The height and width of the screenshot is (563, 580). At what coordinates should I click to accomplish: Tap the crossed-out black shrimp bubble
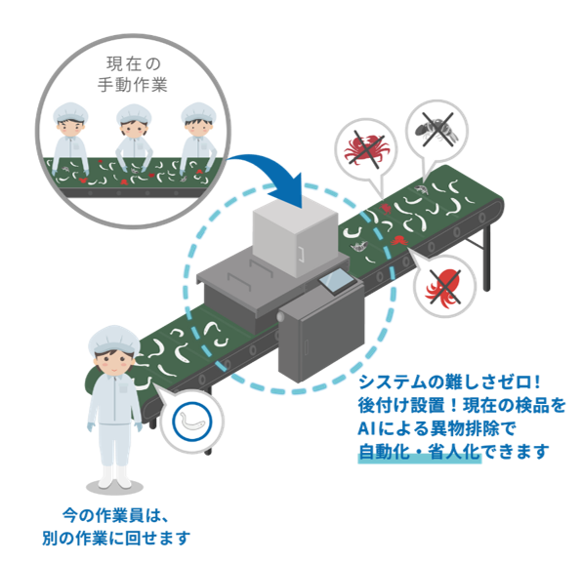436,129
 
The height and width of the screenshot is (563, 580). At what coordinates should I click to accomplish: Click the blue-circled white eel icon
192,422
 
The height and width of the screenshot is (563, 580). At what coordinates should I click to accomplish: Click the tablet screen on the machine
336,280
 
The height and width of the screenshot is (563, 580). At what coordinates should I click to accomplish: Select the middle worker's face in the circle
134,128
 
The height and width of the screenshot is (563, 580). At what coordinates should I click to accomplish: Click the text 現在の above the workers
134,64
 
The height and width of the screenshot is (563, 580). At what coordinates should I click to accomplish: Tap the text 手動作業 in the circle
133,85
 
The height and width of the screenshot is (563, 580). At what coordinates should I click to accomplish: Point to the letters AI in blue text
366,428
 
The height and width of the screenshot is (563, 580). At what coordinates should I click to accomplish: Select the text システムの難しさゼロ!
450,382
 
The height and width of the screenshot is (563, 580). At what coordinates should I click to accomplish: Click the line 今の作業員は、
115,516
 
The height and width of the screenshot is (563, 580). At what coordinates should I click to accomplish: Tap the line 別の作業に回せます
116,538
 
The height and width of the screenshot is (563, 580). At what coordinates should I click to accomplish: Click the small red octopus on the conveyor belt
398,241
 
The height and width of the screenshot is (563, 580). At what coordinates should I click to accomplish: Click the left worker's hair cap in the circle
70,112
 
